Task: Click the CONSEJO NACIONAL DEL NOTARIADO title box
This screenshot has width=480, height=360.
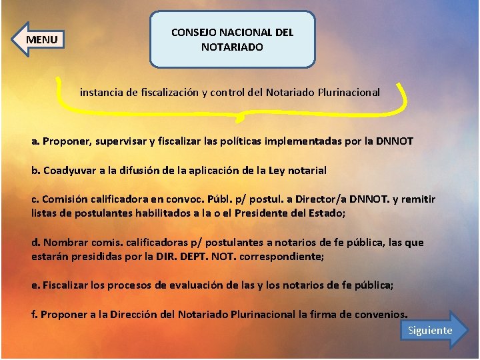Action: (x=232, y=39)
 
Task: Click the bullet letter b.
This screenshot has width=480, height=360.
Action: (x=35, y=170)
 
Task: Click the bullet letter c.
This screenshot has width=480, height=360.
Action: (x=35, y=199)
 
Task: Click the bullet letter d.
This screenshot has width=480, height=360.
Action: (x=35, y=243)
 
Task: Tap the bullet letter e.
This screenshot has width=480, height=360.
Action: (x=35, y=285)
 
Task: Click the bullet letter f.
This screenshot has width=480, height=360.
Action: (x=34, y=315)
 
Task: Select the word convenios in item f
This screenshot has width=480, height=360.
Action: (x=381, y=315)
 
